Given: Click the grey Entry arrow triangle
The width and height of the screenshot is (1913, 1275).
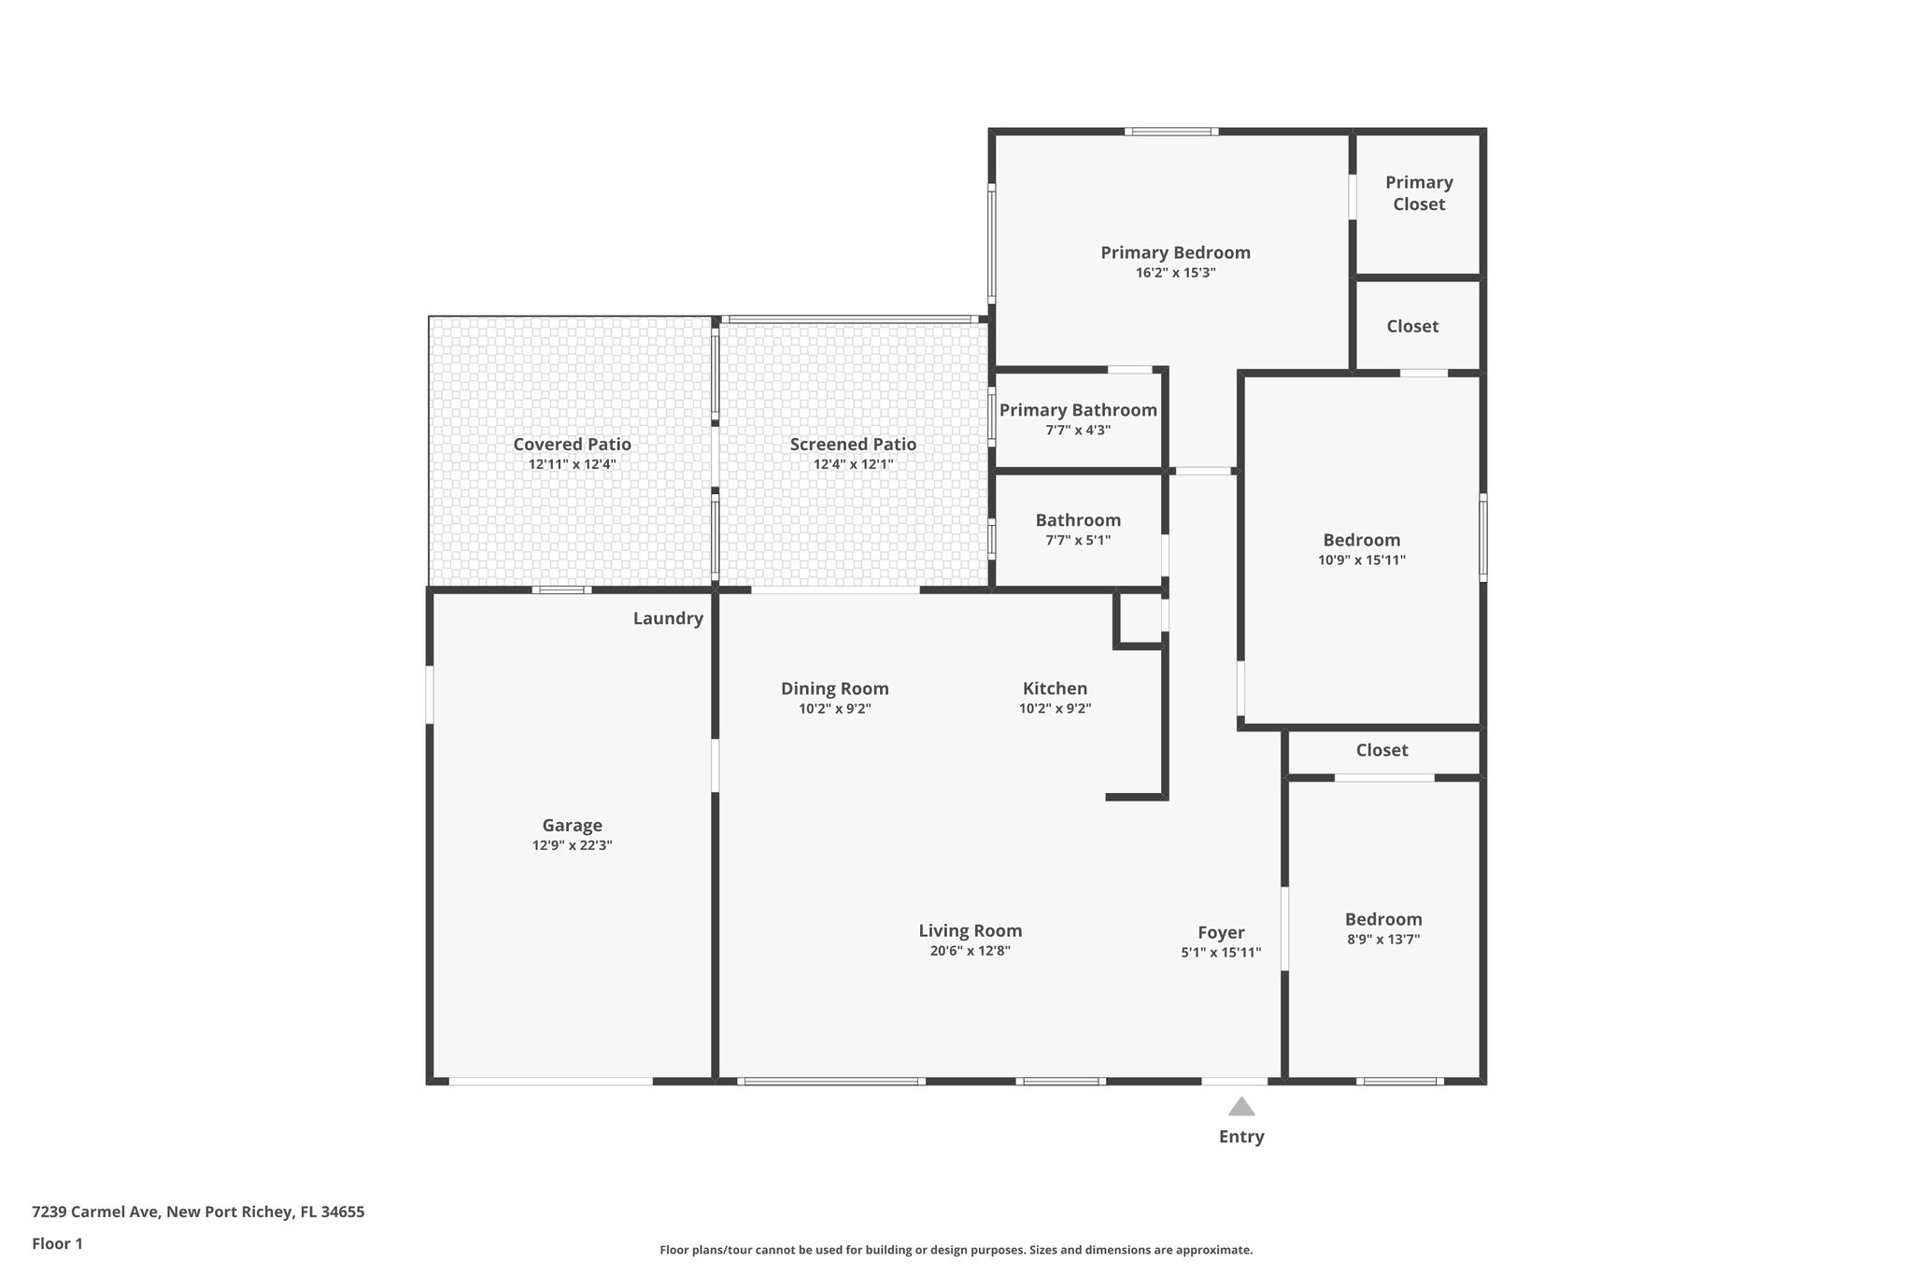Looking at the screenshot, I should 1240,1108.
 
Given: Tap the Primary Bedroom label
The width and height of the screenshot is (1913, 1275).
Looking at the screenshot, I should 1175,252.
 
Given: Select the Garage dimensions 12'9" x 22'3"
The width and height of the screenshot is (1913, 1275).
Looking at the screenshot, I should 572,845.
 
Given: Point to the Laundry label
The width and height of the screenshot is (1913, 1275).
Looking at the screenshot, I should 668,618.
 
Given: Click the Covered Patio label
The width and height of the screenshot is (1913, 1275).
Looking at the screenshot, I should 572,445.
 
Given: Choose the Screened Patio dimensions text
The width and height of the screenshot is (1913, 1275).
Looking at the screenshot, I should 853,464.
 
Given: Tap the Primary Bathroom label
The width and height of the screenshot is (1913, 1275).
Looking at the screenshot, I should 1078,410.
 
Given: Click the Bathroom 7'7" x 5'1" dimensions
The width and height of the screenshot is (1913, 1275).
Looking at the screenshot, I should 1078,540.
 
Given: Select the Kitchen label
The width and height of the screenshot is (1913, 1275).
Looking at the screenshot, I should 1055,688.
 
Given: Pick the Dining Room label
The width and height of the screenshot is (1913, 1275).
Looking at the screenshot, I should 835,688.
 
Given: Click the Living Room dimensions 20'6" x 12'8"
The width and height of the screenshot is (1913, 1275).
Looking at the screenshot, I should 970,951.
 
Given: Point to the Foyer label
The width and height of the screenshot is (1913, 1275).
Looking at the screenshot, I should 1221,932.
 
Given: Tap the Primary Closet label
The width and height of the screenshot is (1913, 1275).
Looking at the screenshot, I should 1419,193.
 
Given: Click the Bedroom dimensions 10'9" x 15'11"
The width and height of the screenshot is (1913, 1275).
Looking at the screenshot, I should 1361,560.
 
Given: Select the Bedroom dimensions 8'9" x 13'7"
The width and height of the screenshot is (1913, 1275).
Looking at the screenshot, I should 1383,940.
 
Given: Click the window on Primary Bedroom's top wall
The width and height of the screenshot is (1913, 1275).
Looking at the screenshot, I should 1171,132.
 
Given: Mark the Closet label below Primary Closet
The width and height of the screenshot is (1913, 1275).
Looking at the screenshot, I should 1412,326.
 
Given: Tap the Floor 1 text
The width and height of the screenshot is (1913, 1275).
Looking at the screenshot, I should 57,1243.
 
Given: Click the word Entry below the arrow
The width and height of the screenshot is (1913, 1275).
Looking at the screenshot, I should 1240,1137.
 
